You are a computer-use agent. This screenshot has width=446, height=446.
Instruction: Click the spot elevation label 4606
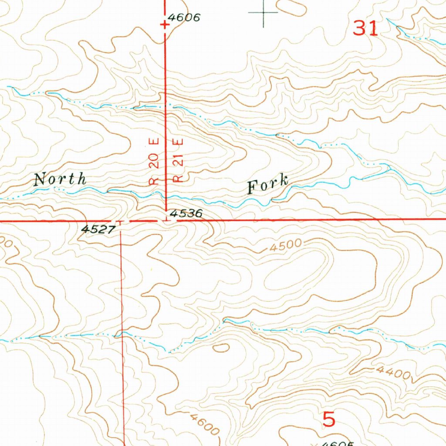coord(184,18)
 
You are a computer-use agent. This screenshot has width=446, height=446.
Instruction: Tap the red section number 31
coord(365,28)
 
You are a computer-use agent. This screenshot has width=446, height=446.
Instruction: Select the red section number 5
coord(329,419)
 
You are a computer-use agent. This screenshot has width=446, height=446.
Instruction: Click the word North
coord(60,179)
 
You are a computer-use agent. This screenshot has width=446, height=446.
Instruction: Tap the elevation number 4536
coord(186,213)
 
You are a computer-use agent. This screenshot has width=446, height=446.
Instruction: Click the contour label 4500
coord(285,246)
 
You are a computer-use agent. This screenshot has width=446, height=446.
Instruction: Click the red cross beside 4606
coord(165,25)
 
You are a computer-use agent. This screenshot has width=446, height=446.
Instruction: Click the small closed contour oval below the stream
coord(221,347)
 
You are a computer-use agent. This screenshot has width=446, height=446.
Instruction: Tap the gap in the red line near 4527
coord(120,221)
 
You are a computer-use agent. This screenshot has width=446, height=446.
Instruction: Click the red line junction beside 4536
coord(166,220)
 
